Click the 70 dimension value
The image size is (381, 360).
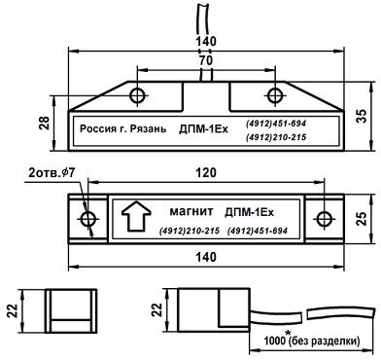(x=206, y=60)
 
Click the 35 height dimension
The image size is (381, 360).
(x=363, y=116)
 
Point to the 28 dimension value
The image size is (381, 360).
(x=44, y=124)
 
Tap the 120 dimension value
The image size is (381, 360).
(x=206, y=173)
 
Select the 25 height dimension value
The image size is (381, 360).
(x=363, y=219)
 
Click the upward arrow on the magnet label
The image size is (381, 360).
(x=136, y=216)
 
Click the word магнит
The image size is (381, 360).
(x=191, y=212)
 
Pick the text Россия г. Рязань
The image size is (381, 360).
(x=123, y=128)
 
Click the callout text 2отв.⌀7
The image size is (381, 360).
(x=52, y=173)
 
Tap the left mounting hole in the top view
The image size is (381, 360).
(x=138, y=95)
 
